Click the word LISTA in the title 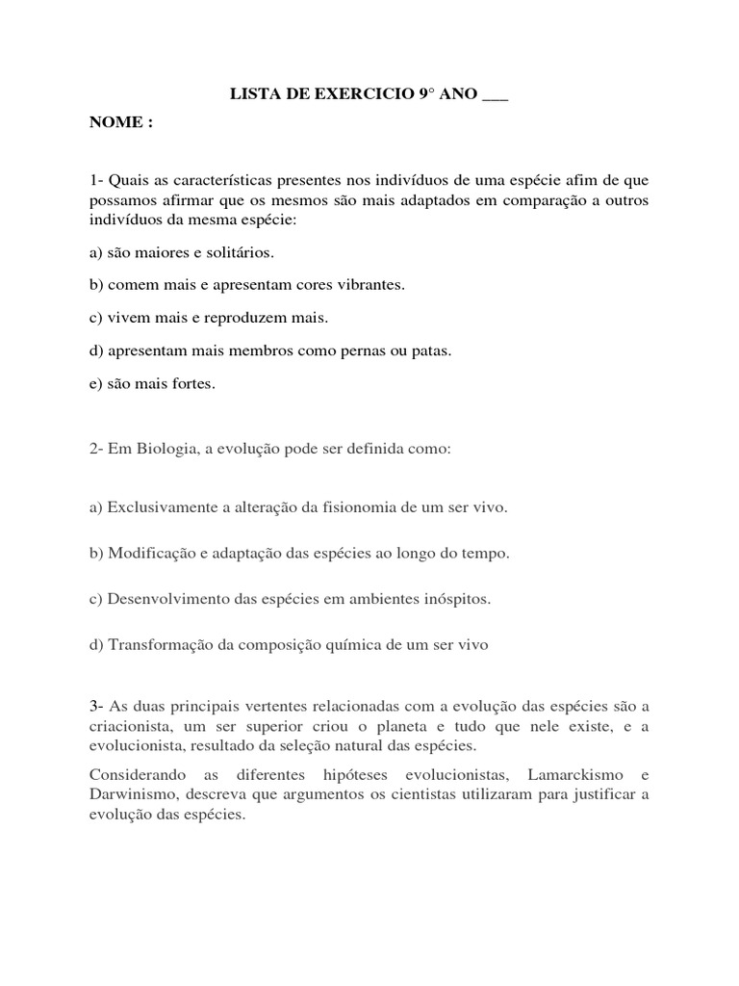[253, 96]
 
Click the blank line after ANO [495, 98]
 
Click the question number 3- [97, 708]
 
